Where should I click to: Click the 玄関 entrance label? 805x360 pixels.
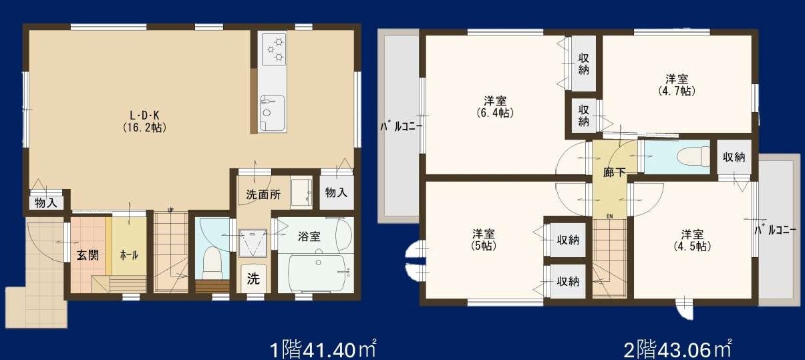click(x=87, y=254)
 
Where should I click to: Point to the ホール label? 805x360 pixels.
click(x=128, y=254)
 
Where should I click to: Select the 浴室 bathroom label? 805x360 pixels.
click(x=309, y=236)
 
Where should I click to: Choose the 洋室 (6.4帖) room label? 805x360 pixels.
click(x=495, y=107)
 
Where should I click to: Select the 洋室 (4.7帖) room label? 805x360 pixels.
click(x=676, y=84)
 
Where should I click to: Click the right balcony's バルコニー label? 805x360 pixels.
click(x=775, y=230)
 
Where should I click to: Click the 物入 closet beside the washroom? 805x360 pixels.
click(x=336, y=192)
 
